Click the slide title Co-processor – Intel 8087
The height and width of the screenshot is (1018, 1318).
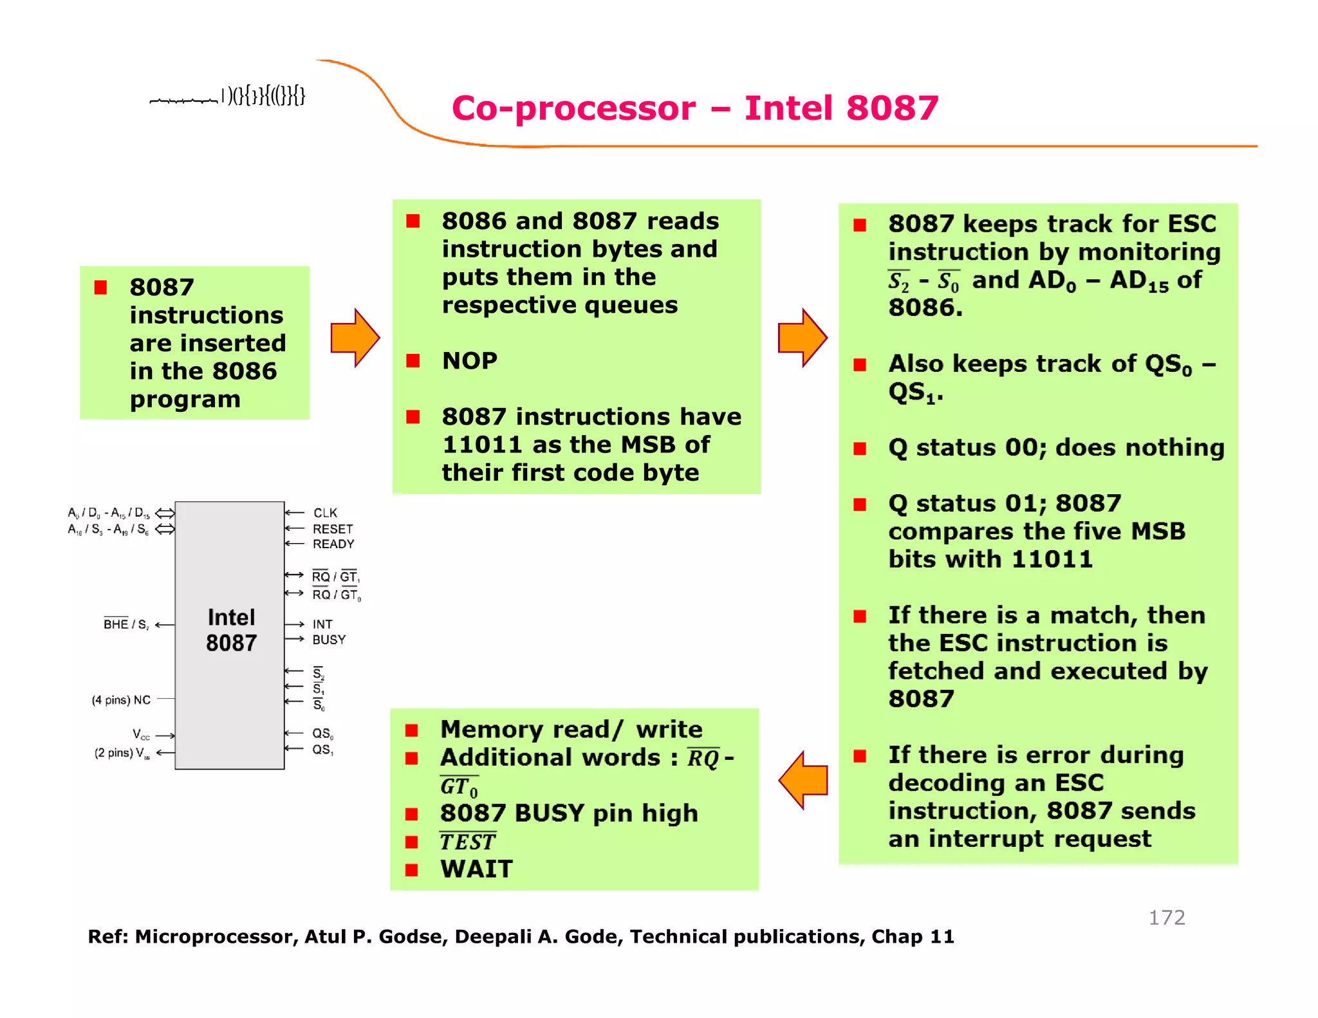[695, 107]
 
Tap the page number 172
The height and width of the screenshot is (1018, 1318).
[1166, 917]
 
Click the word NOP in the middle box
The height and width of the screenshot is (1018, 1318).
[470, 360]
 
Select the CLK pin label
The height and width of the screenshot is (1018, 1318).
[325, 513]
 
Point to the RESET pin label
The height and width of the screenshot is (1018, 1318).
[333, 529]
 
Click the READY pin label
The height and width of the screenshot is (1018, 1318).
[333, 544]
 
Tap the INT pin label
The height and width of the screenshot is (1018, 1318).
[322, 624]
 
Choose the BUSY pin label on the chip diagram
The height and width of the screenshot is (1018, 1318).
[329, 640]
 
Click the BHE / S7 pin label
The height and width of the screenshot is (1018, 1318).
[126, 624]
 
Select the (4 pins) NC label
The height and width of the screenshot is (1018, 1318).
[121, 699]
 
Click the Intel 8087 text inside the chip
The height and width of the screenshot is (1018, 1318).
[231, 630]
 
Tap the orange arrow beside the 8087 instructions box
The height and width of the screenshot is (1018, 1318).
[355, 338]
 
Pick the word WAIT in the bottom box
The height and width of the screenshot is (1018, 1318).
[477, 869]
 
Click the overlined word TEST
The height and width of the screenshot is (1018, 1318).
[468, 842]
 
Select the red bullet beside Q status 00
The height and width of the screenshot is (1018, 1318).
[860, 448]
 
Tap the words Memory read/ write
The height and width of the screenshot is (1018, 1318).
[571, 729]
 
